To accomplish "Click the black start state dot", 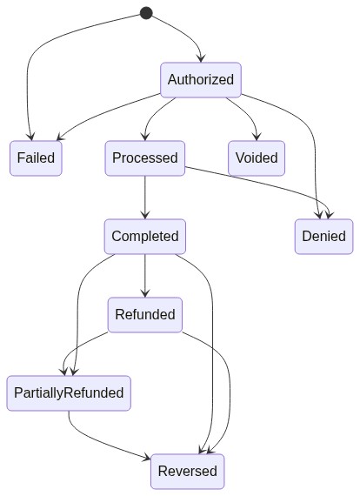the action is coord(146,13).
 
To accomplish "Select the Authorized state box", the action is coord(201,80).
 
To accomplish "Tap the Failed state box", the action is coord(36,158).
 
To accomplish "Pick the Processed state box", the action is coord(145,158).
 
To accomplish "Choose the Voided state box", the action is coord(257,158).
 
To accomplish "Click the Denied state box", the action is coord(324,237).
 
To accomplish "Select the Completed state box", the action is coord(145,237).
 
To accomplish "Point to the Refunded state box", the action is coord(145,315).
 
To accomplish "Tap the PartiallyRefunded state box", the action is coord(69,393).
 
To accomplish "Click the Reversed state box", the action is coord(188,472).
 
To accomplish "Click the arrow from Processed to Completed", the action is coord(145,197).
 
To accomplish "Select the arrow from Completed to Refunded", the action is coord(145,276).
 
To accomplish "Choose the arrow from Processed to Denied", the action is coord(263,184).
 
